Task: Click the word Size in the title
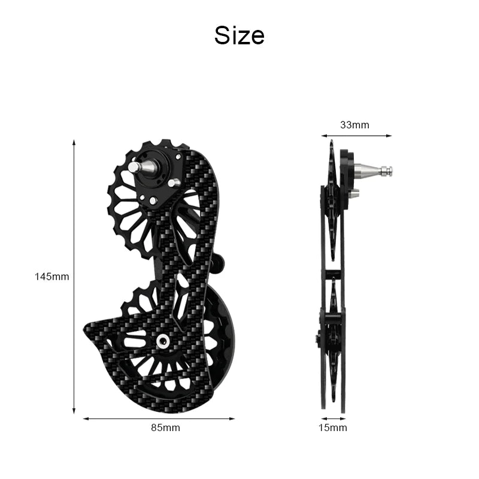(x=239, y=35)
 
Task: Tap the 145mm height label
(x=51, y=277)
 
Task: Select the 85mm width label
(x=166, y=428)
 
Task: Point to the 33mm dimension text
(x=355, y=125)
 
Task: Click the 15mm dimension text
(x=333, y=428)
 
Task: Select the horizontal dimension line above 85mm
(x=159, y=419)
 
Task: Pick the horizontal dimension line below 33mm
(x=356, y=135)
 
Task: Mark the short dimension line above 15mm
(x=333, y=419)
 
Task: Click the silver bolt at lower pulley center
(x=162, y=341)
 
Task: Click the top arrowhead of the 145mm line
(x=74, y=143)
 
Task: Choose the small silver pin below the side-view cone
(x=354, y=193)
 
